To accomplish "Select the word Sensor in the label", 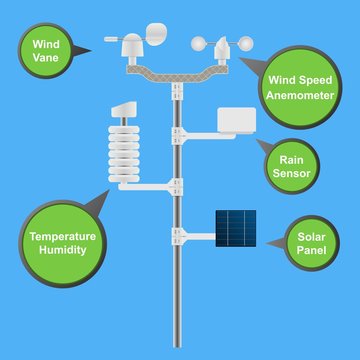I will coord(293,173).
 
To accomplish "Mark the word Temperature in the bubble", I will coord(62,238).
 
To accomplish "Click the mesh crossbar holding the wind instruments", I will coord(178,71).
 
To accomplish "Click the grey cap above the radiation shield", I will coord(124,107).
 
